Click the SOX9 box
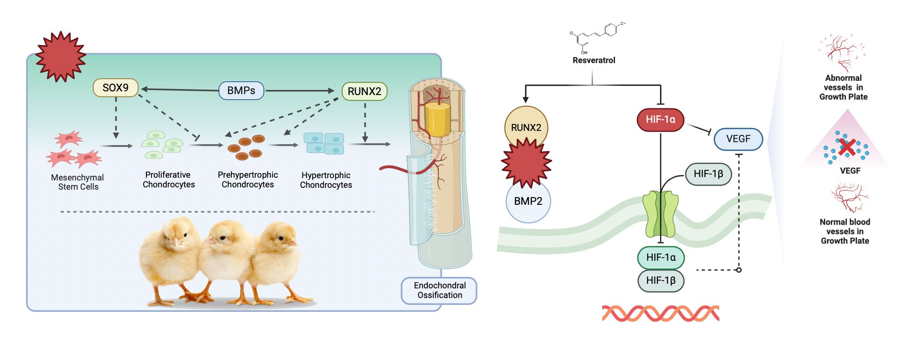point(116,88)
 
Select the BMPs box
point(241,90)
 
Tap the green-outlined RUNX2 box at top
point(364,91)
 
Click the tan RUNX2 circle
point(526,127)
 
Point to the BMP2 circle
point(528,201)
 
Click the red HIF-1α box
point(660,119)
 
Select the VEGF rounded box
point(738,139)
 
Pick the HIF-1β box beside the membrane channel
point(708,174)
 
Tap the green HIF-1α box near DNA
point(661,258)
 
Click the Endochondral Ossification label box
point(439,290)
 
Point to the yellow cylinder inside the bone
point(437,119)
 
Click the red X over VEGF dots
point(847,147)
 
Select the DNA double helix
point(660,314)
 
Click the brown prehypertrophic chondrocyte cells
point(246,147)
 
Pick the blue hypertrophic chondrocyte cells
point(324,143)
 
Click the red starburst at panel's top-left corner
point(61,57)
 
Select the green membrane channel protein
point(661,214)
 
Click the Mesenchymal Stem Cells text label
point(78,182)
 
